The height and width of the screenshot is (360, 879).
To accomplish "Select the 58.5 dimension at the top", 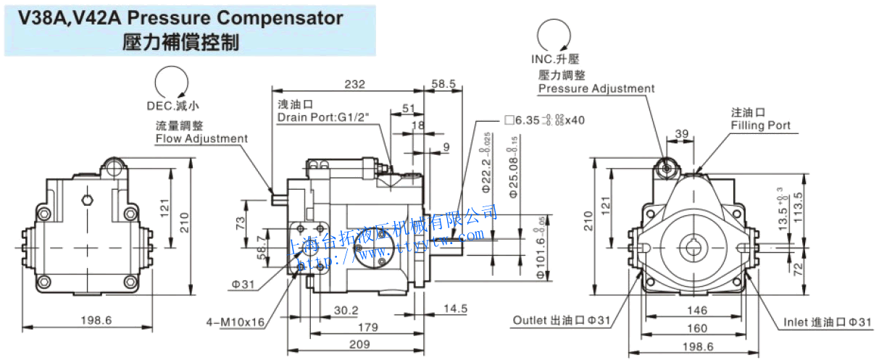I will (x=443, y=84).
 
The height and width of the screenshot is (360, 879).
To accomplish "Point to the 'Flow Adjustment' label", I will (x=201, y=138).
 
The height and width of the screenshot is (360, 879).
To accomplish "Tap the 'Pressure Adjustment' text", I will (x=596, y=88).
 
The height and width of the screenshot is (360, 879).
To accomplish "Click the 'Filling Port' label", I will (x=760, y=125).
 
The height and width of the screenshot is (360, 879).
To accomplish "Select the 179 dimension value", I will (x=369, y=327).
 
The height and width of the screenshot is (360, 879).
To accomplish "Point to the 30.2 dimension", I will (x=346, y=310).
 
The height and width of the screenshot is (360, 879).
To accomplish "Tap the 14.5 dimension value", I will (x=455, y=309).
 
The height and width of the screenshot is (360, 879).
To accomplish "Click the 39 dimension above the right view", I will (x=681, y=133).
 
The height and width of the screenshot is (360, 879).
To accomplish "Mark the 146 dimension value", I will (x=696, y=310).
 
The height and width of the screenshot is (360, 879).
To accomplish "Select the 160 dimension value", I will (x=696, y=327).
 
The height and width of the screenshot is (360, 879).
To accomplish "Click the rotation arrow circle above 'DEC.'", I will (x=172, y=82).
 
